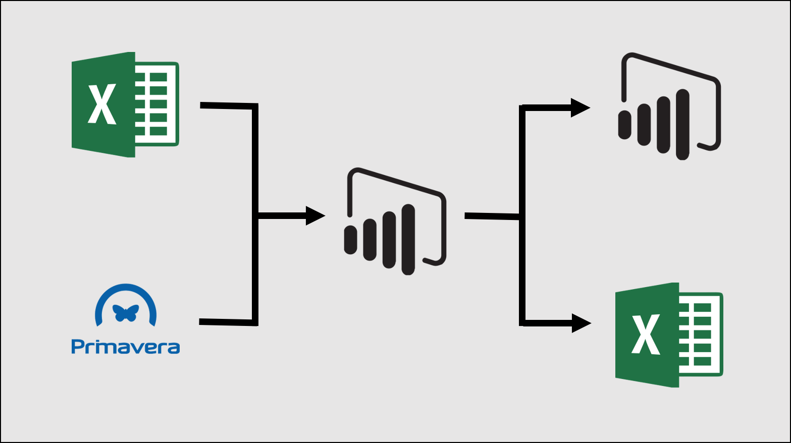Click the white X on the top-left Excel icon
click(x=102, y=104)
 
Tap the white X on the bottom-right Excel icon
click(x=646, y=334)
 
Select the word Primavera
click(x=126, y=347)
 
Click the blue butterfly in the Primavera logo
click(x=126, y=313)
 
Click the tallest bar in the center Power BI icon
click(x=408, y=239)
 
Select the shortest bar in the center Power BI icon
click(x=350, y=240)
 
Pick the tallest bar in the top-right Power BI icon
click(x=682, y=124)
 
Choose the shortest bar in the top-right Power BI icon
click(x=624, y=125)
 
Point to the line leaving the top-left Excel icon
click(x=227, y=106)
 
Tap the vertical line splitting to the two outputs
click(x=522, y=267)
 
